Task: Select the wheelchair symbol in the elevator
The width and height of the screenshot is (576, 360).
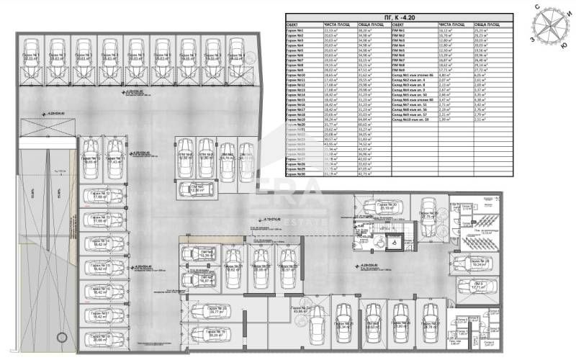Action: point(394,243)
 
